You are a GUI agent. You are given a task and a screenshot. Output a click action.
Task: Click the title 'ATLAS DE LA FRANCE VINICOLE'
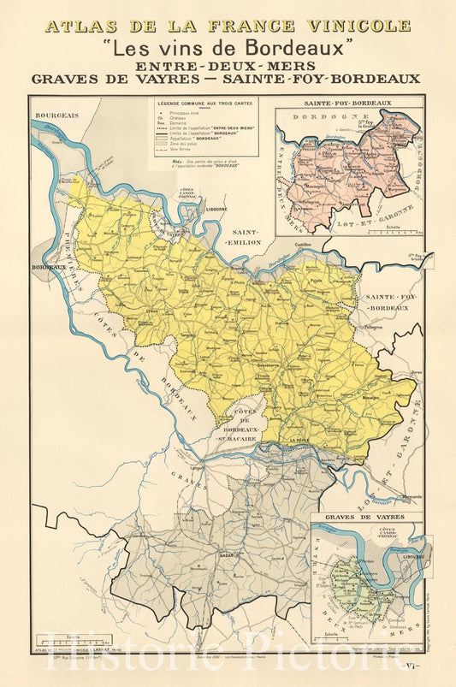228,26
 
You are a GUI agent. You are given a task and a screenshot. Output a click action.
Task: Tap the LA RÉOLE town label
299,441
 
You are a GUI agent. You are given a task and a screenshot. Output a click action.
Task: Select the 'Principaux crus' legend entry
190,113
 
